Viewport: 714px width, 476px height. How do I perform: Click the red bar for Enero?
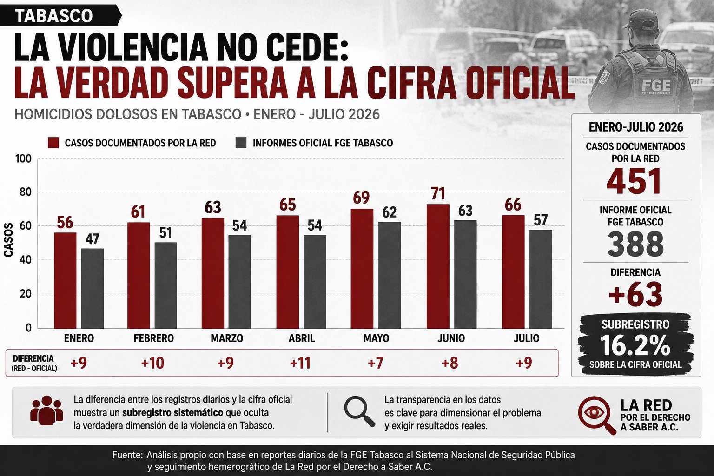coord(65,280)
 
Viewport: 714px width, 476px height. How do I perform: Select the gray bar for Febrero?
coord(166,285)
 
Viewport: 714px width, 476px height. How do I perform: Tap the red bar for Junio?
coord(438,266)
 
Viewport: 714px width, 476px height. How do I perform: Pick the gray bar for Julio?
coord(541,279)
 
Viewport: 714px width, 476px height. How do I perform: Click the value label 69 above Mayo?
coord(361,198)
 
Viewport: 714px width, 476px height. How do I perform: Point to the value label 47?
coord(93,239)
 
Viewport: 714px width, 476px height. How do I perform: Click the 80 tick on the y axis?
coord(24,192)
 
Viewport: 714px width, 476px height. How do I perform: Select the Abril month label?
coord(302,338)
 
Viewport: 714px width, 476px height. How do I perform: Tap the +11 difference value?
coord(300,363)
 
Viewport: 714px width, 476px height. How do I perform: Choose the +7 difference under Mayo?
coord(375,363)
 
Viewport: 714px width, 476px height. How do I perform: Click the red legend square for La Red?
coord(53,143)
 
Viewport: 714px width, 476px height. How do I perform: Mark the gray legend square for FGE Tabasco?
coord(241,143)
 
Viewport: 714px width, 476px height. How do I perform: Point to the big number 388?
coord(635,245)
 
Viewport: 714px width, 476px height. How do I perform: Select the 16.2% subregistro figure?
coord(635,346)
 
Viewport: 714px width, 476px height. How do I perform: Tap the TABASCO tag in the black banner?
coord(54,16)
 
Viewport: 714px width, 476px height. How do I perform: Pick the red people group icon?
coord(46,410)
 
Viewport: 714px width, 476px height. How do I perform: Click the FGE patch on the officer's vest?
coord(656,86)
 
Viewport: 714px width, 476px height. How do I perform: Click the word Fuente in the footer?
coord(127,455)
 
